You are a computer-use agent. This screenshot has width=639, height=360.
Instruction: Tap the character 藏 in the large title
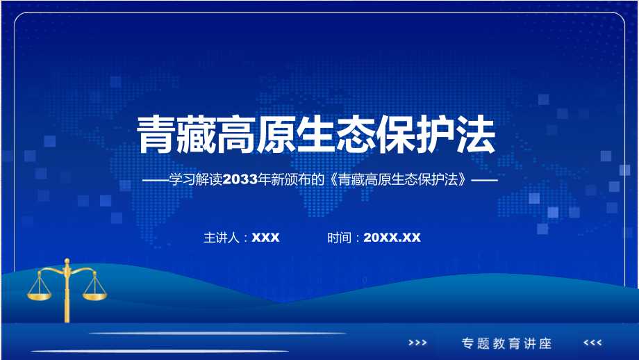click(198, 134)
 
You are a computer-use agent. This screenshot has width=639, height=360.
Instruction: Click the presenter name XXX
click(265, 238)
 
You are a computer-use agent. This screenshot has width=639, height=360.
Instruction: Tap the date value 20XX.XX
click(392, 238)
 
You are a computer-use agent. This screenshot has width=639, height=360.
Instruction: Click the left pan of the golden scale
click(40, 295)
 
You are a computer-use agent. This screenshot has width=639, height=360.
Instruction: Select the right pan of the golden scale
click(95, 295)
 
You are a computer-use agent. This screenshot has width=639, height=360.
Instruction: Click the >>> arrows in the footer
click(417, 343)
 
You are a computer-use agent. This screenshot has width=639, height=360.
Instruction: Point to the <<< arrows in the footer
click(592, 343)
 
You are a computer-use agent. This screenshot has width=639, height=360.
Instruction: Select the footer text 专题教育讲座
click(506, 343)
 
